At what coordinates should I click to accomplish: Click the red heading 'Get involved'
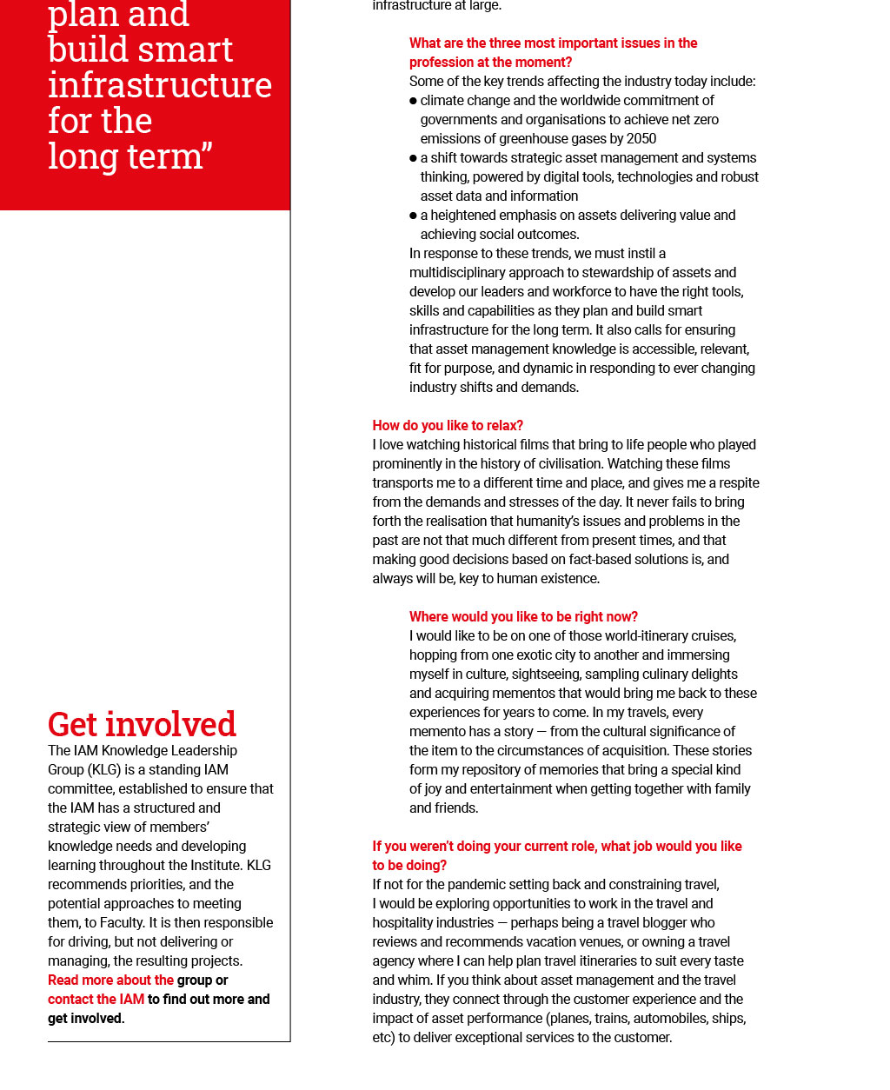[x=142, y=724]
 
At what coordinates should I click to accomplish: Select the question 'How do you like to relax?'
[x=448, y=425]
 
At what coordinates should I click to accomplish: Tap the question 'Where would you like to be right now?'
[x=523, y=616]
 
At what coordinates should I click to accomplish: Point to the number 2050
[x=640, y=138]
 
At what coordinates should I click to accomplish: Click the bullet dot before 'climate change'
[x=414, y=101]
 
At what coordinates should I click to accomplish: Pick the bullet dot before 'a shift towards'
[x=414, y=158]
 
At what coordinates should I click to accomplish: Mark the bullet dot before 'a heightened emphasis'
[x=414, y=216]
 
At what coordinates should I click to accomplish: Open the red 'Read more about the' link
[x=110, y=980]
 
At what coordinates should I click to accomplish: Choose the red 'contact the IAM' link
[x=96, y=999]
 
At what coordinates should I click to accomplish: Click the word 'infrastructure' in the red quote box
[x=160, y=85]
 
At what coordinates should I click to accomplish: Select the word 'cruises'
[x=713, y=635]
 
